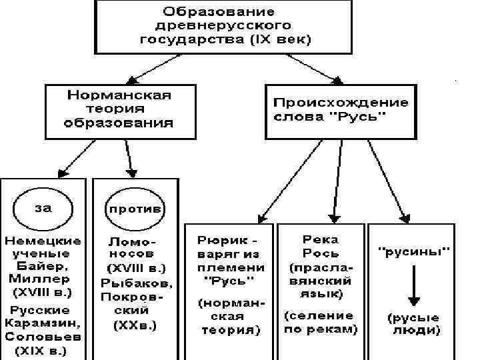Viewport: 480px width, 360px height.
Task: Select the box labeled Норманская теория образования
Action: pos(119,109)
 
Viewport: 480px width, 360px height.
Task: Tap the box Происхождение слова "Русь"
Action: pos(340,109)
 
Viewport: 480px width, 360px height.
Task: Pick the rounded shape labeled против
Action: pos(135,208)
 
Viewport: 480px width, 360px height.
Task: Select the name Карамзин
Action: pos(39,323)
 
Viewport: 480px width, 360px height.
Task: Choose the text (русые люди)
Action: pos(413,323)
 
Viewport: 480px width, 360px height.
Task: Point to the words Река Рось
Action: pos(321,246)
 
